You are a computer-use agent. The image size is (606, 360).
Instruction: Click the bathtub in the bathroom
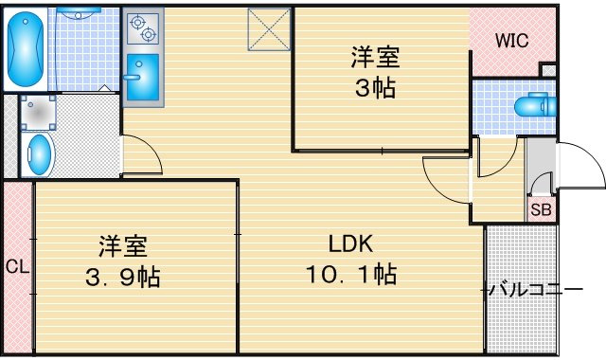[x=26, y=49]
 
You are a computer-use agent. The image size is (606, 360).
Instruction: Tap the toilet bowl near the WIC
[x=536, y=104]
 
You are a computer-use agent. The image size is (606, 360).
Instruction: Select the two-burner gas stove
[x=143, y=28]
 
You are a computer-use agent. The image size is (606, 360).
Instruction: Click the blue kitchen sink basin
[x=143, y=78]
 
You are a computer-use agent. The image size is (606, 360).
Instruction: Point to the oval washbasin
[x=40, y=154]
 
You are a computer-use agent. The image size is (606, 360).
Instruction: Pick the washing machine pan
[x=38, y=114]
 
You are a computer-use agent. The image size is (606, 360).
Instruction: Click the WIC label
[x=511, y=41]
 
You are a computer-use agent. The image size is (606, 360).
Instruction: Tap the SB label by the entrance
[x=541, y=209]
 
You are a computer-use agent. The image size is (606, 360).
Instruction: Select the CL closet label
[x=17, y=266]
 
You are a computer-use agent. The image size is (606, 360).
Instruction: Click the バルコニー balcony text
[x=536, y=290]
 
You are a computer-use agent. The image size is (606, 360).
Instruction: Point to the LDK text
[x=350, y=243]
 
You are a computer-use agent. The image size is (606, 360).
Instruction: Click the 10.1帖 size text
[x=351, y=274]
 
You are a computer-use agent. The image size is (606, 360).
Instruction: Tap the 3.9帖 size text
[x=123, y=277]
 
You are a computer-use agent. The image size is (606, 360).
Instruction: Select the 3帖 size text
[x=375, y=88]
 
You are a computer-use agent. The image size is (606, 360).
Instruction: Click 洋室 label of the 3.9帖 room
[x=123, y=246]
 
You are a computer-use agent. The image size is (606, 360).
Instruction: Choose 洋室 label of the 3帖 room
[x=375, y=57]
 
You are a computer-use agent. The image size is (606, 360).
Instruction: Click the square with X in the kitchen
[x=269, y=29]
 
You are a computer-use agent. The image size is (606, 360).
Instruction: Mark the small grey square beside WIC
[x=548, y=71]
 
